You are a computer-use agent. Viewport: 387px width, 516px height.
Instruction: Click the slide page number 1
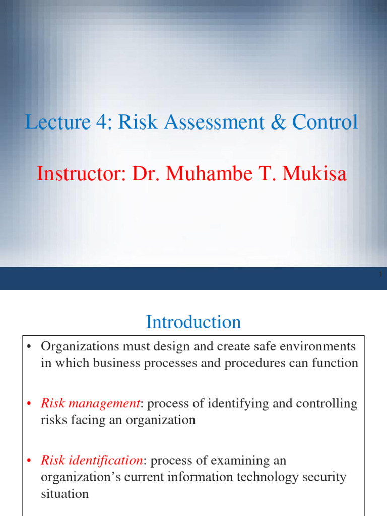click(x=380, y=274)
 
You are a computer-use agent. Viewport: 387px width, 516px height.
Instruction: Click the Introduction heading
click(x=193, y=322)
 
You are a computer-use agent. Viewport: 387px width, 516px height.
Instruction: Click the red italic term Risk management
click(x=90, y=403)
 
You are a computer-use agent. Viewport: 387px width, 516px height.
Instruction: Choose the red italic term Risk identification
click(x=92, y=460)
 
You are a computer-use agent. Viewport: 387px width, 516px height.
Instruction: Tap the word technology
click(x=255, y=477)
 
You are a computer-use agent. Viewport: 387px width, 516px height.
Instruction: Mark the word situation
click(x=64, y=493)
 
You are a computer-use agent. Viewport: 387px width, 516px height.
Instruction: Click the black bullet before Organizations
click(x=29, y=347)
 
